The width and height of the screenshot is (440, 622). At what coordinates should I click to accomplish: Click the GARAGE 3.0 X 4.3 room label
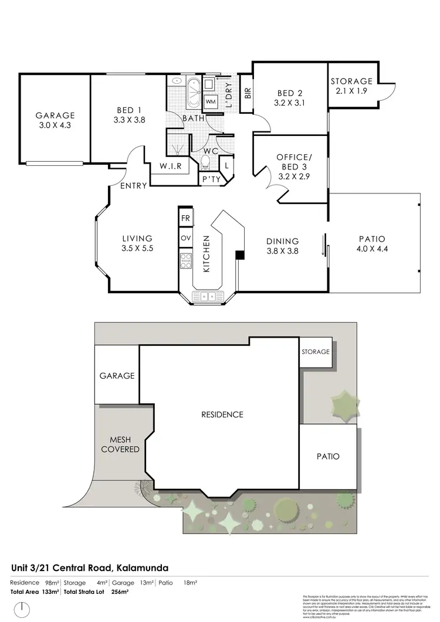click(55, 120)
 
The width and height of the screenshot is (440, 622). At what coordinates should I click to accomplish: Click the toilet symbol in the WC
click(206, 161)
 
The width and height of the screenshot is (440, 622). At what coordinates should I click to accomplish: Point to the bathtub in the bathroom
click(192, 92)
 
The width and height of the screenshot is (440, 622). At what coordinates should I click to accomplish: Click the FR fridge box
click(186, 217)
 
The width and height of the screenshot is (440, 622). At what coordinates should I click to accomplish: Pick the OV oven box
click(186, 238)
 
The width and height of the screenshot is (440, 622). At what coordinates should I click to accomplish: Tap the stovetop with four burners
click(186, 260)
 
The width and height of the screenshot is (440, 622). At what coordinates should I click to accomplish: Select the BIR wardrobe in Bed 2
click(248, 93)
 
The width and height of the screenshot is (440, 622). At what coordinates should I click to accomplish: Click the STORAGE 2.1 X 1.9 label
click(351, 86)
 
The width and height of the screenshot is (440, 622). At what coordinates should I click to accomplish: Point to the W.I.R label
click(171, 166)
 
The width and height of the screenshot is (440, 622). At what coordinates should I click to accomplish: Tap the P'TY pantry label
click(210, 179)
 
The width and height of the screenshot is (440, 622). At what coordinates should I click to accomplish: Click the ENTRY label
click(133, 186)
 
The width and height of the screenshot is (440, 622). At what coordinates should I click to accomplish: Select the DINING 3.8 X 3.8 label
click(283, 246)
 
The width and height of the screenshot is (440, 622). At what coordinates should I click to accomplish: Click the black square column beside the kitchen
click(239, 254)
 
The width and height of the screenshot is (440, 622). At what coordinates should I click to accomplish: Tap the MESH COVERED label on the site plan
click(120, 444)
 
